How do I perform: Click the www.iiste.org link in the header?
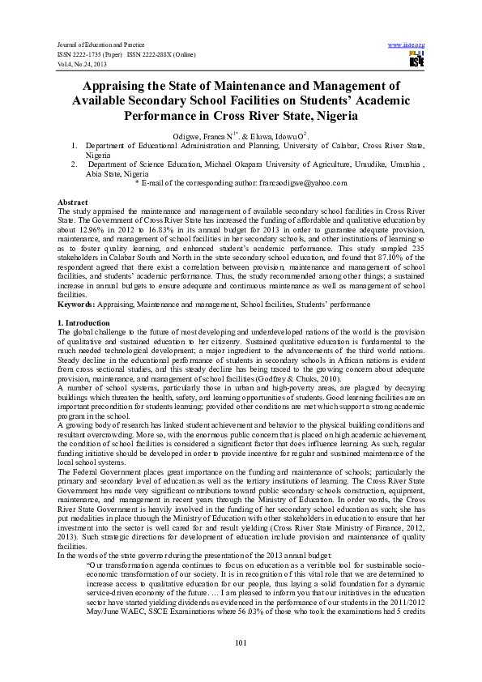click(407, 44)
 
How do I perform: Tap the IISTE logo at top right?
click(416, 60)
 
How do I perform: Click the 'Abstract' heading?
click(72, 200)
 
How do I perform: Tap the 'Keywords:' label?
click(76, 281)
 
